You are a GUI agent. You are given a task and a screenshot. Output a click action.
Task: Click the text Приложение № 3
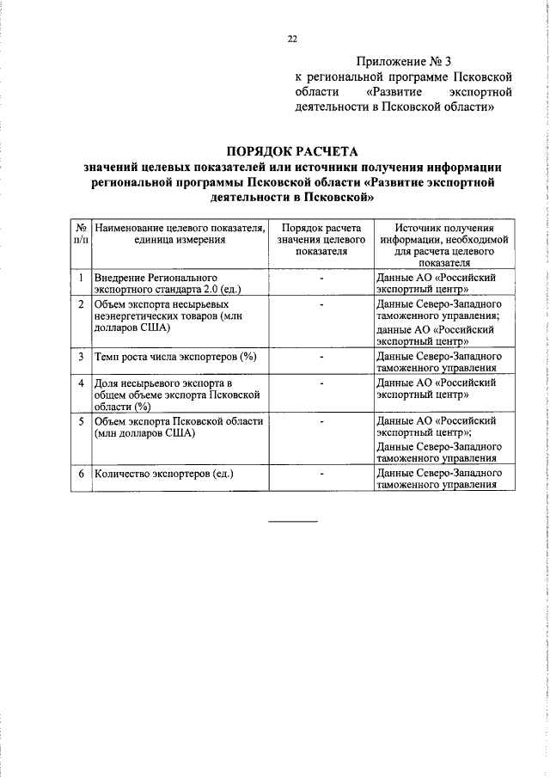click(402, 62)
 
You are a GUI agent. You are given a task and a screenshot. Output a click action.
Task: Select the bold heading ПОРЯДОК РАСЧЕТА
click(291, 150)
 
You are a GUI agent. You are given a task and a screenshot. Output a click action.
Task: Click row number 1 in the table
click(81, 279)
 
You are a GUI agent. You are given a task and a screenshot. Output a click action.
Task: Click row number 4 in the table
click(81, 382)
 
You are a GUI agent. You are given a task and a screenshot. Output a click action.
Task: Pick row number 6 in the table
click(81, 474)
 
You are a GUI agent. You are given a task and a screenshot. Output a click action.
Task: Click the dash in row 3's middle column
click(321, 356)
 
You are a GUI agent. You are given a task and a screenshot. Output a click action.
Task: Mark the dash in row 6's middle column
click(321, 474)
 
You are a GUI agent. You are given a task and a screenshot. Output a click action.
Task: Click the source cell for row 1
click(437, 285)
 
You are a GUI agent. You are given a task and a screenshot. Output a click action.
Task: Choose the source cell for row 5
click(439, 440)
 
